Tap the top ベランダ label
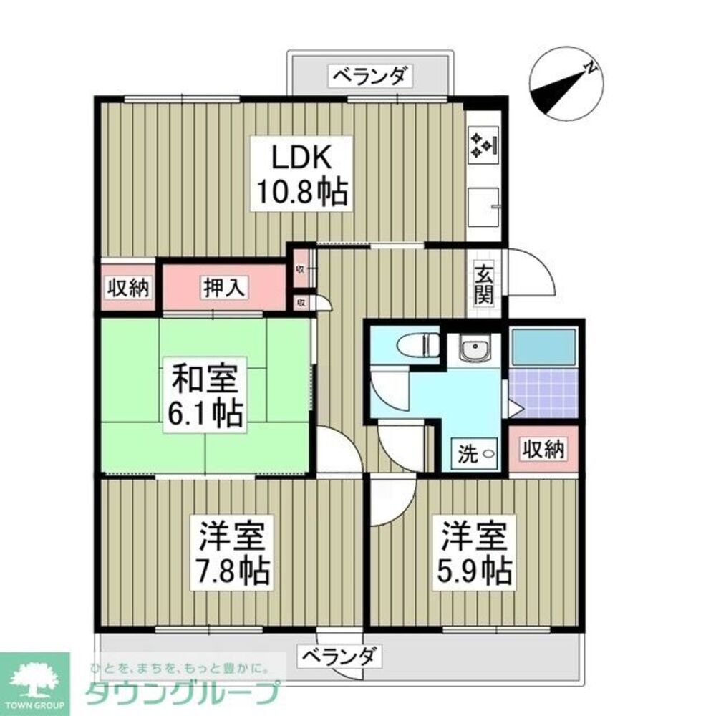pos(371,75)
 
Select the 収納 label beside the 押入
pos(127,288)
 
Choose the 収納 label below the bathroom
pos(543,450)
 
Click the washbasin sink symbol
pos(474,351)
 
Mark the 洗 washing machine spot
pos(476,453)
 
